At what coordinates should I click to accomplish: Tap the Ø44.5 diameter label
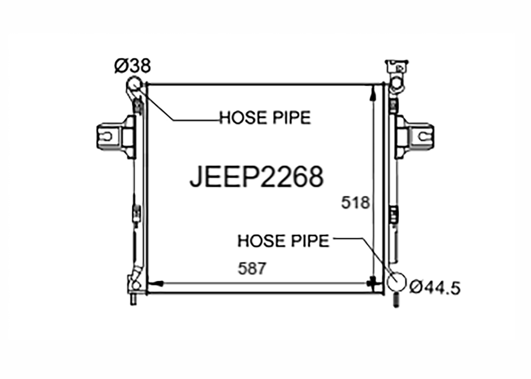[x=435, y=288]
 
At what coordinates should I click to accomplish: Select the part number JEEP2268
[x=257, y=177]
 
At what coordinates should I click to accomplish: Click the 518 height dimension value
[x=355, y=203]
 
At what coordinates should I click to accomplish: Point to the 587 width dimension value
[x=252, y=268]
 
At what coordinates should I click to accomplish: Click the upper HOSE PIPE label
[x=265, y=118]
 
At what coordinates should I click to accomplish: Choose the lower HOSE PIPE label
[x=284, y=241]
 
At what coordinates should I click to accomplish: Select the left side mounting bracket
[x=116, y=137]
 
